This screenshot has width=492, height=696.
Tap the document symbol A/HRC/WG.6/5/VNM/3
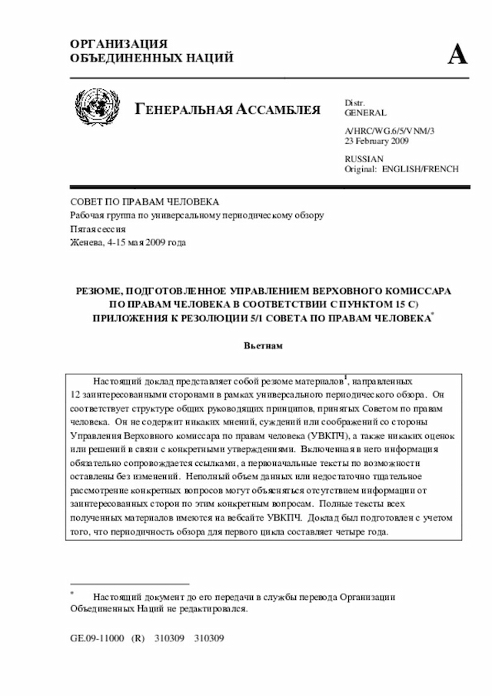[390, 132]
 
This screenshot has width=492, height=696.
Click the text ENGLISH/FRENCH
[421, 168]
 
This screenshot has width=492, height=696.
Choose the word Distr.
[354, 102]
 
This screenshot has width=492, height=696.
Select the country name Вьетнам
[264, 345]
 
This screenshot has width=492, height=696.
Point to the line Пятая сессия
[95, 228]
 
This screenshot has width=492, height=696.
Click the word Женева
[85, 242]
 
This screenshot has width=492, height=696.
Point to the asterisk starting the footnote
[71, 593]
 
